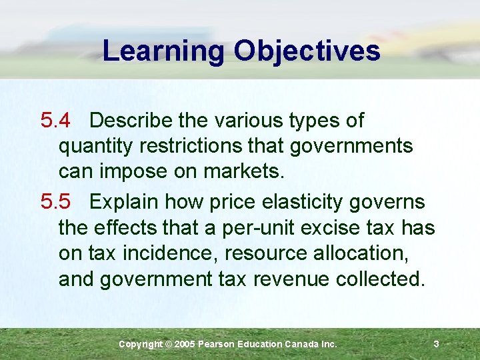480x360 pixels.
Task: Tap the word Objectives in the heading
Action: tap(307, 51)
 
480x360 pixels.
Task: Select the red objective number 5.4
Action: tap(55, 121)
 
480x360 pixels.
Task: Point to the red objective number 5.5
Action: tap(55, 201)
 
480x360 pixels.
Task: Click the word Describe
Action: tap(133, 121)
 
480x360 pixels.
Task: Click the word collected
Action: tap(381, 279)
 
